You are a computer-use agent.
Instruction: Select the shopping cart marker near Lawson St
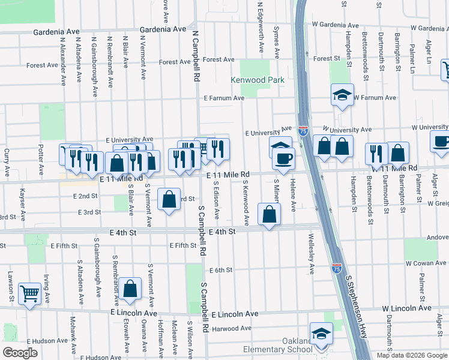click(x=29, y=293)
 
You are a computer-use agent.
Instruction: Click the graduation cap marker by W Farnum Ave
click(x=342, y=94)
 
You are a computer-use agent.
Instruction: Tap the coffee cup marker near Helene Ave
click(x=283, y=158)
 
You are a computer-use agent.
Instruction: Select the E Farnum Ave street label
click(x=223, y=98)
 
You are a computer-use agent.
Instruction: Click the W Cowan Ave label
click(x=425, y=263)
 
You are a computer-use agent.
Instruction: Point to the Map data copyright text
click(x=411, y=355)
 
